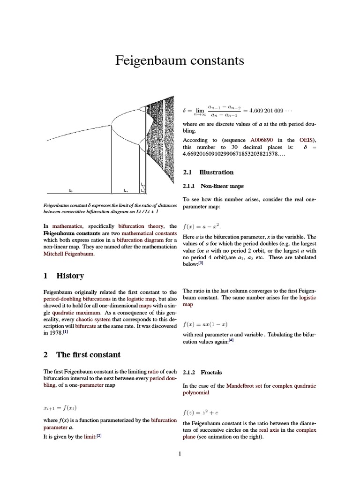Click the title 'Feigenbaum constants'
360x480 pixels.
pyautogui.click(x=180, y=60)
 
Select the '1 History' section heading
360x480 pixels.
pyautogui.click(x=63, y=276)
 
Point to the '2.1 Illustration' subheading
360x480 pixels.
pyautogui.click(x=208, y=172)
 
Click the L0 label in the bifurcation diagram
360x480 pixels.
pyautogui.click(x=71, y=191)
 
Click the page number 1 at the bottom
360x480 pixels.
pyautogui.click(x=180, y=453)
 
